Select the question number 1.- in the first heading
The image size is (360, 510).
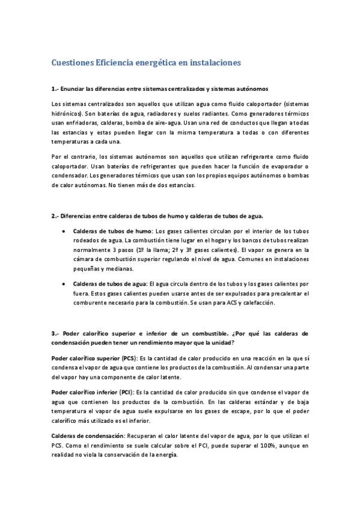pyautogui.click(x=56, y=90)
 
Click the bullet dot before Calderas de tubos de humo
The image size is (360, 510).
pyautogui.click(x=64, y=231)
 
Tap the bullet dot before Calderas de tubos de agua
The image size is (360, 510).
pyautogui.click(x=64, y=283)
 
